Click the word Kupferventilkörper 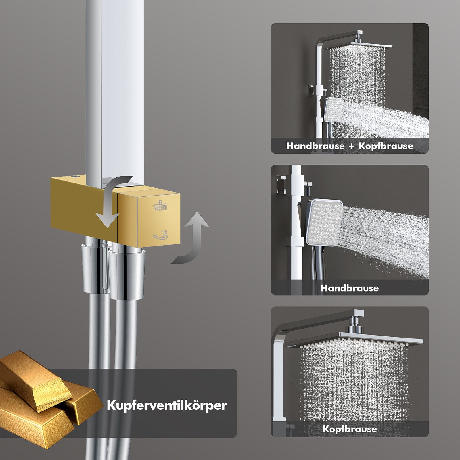(x=167, y=406)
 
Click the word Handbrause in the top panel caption (x=315, y=146)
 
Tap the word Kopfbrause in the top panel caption (x=386, y=146)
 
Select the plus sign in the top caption (x=351, y=146)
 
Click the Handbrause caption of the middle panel (x=350, y=288)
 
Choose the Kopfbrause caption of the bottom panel (x=350, y=429)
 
